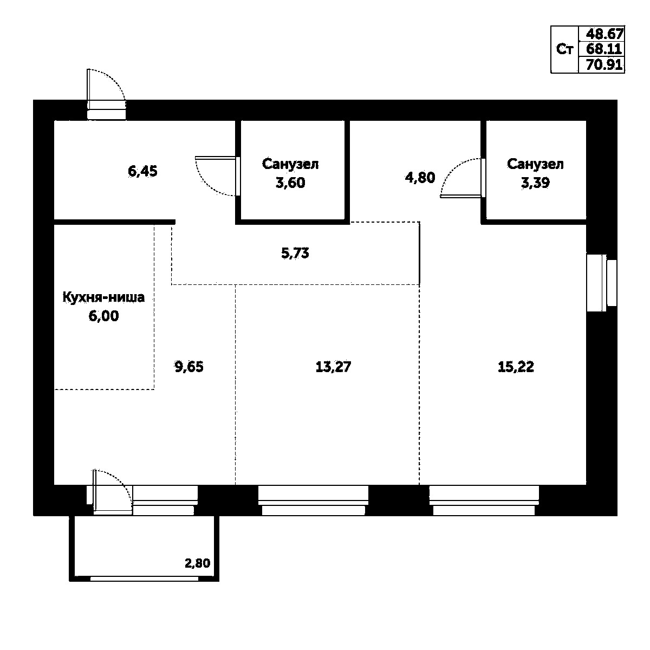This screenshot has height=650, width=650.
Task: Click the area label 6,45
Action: tap(142, 172)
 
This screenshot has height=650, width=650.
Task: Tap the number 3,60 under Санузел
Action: tap(290, 183)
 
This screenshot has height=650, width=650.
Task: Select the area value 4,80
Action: tap(420, 178)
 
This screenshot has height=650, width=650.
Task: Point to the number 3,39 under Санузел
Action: tap(535, 183)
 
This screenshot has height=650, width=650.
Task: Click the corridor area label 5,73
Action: tap(296, 253)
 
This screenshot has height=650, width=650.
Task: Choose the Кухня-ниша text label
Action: tap(103, 297)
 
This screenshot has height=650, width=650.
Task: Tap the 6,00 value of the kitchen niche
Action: tap(103, 316)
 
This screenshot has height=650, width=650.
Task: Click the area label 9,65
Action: tap(188, 367)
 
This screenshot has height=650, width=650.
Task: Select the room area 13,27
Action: tap(333, 367)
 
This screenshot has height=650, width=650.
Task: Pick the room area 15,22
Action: tap(516, 367)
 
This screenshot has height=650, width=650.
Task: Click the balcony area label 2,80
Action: tap(197, 563)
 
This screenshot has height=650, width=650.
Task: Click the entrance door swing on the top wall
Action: tap(107, 92)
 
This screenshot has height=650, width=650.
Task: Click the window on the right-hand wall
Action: tap(601, 282)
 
